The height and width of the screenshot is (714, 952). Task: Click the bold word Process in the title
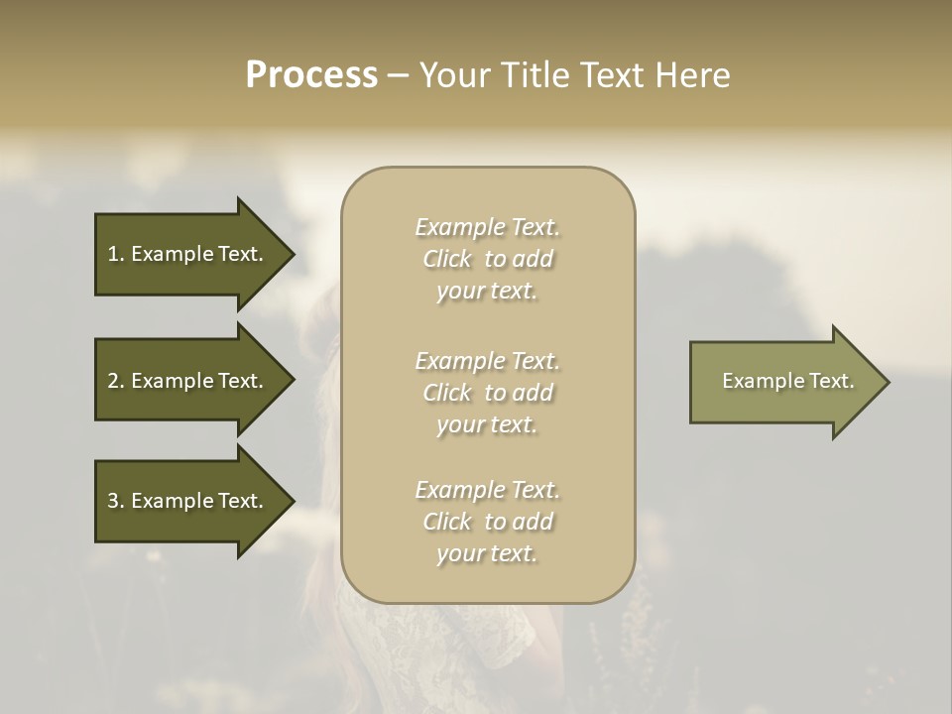click(311, 75)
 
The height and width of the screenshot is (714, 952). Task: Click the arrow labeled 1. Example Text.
click(185, 254)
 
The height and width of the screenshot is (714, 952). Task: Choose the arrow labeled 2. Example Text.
click(185, 381)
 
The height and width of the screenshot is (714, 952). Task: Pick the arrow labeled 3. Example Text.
click(185, 501)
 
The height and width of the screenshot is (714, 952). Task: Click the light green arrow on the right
click(788, 381)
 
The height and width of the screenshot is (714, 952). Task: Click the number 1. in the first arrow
click(116, 254)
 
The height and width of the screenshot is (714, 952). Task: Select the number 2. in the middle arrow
click(116, 381)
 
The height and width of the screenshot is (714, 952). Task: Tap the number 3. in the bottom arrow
click(116, 501)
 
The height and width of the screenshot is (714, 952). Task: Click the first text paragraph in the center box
click(487, 259)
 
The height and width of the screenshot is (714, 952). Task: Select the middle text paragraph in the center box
click(487, 393)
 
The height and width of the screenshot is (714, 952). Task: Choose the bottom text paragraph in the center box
click(487, 522)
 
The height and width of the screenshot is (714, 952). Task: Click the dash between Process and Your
click(398, 75)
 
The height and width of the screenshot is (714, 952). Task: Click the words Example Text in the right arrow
click(787, 381)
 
